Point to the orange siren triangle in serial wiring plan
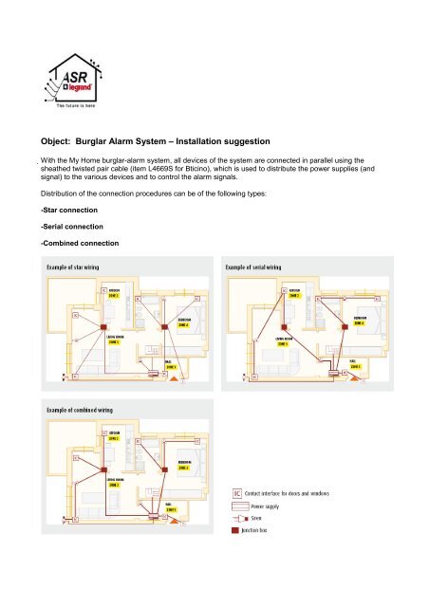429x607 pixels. (x=353, y=383)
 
